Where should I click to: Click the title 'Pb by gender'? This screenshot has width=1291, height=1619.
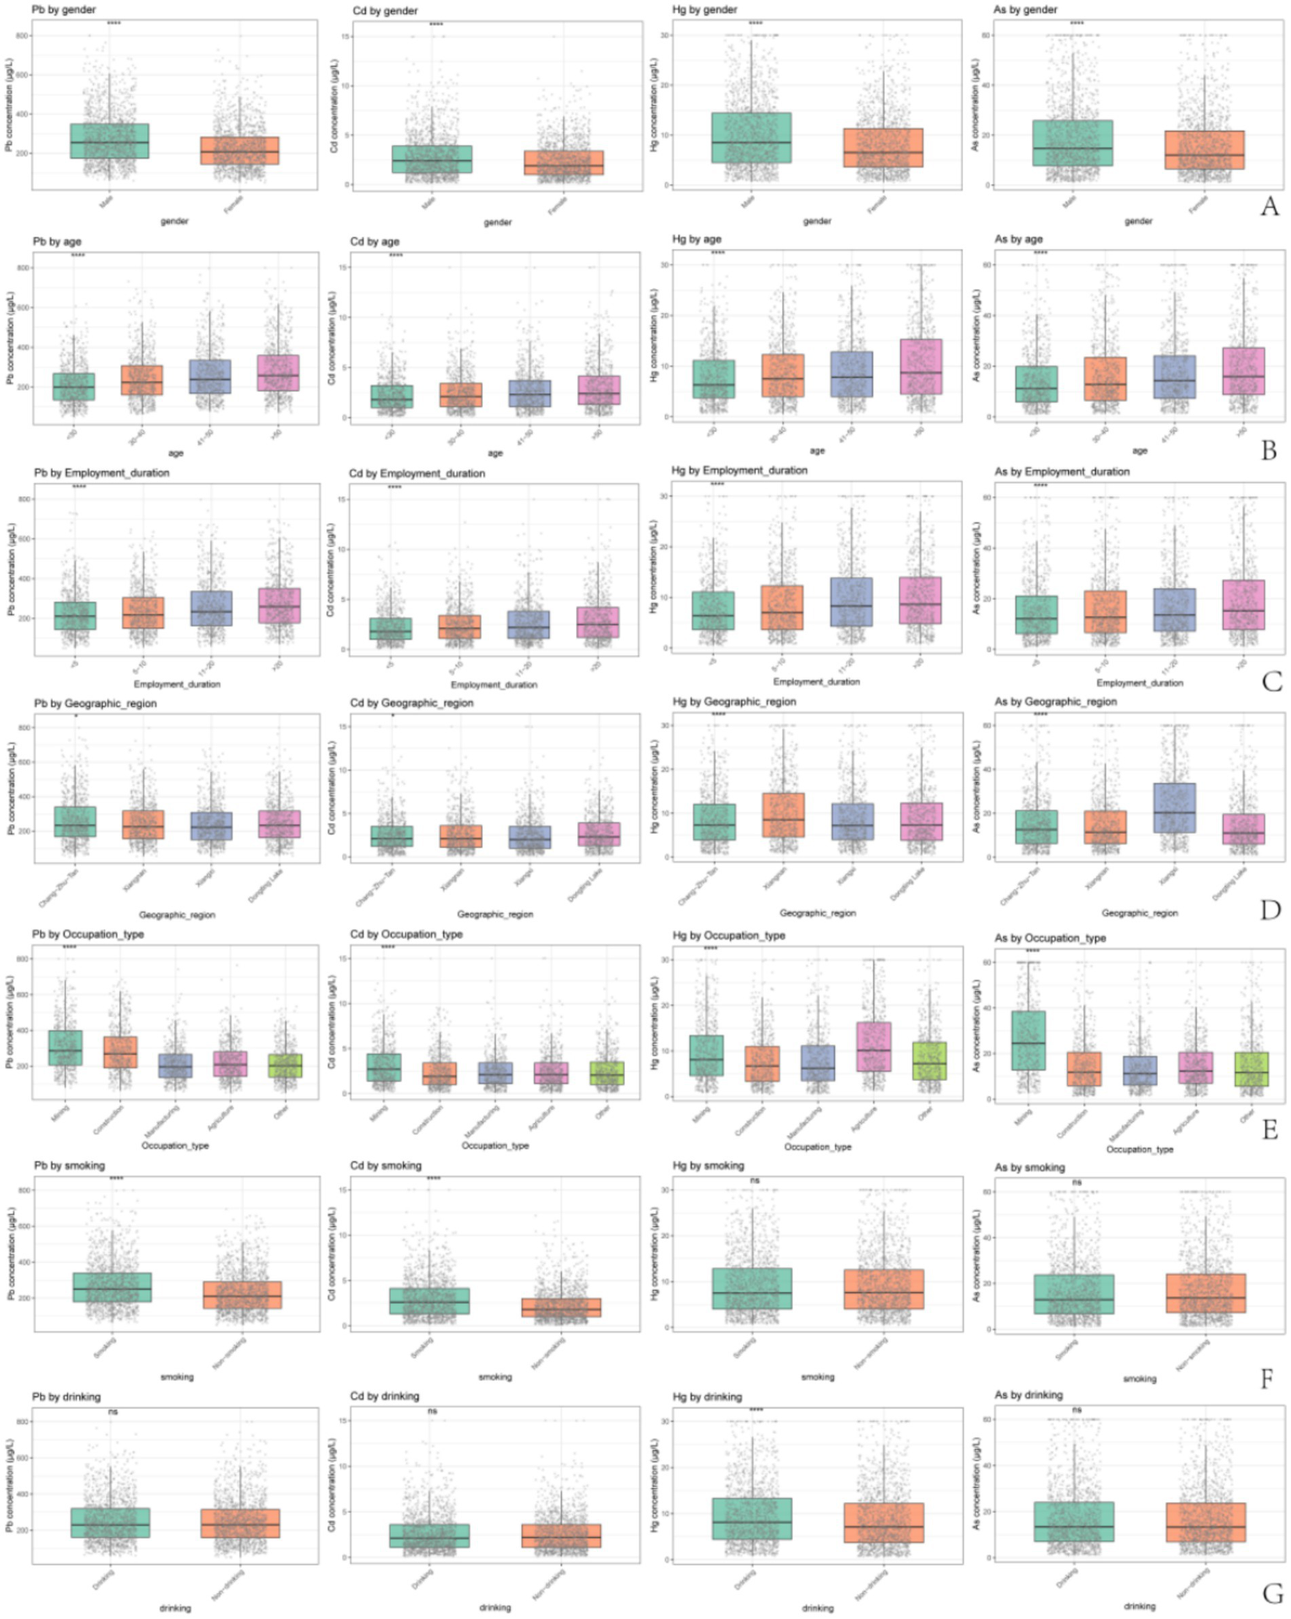63,10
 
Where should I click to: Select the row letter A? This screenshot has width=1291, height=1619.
1269,207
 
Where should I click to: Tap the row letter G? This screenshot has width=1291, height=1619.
1272,1593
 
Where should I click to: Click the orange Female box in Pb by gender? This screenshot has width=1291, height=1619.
240,151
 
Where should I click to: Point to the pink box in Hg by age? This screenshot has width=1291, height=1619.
921,367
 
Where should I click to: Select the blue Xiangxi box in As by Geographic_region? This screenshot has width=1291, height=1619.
1174,808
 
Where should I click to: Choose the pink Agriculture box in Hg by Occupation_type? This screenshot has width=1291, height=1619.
875,1047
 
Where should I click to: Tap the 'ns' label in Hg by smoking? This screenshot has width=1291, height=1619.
754,1181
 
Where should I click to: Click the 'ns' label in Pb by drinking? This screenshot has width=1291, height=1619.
113,1412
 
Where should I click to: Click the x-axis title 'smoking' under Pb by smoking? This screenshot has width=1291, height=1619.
177,1377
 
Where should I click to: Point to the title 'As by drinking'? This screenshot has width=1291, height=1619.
1028,1395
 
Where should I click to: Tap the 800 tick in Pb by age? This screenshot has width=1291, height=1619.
23,268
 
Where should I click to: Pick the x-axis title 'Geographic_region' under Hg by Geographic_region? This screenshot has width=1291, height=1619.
817,913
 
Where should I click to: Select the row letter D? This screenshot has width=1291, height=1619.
1270,910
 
